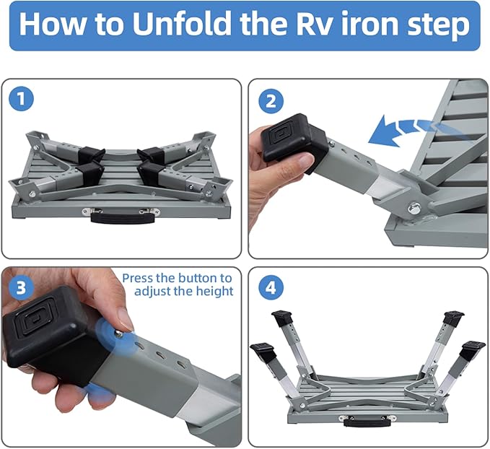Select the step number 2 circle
point(271,100)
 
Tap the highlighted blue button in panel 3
point(118,332)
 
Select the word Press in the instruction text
point(138,278)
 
